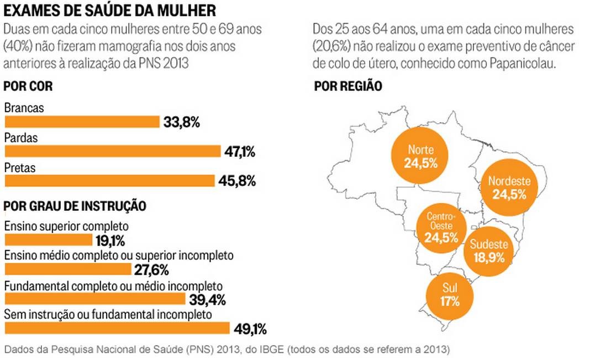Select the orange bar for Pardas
pos(112,151)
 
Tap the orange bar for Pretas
pos(109,181)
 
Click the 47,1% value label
pos(240,152)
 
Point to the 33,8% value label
pos(181,122)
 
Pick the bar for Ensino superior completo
pos(48,240)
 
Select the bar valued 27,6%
pos(69,269)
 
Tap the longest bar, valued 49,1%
pos(117,329)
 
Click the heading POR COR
pos(28,87)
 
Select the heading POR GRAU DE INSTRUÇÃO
pos(75,206)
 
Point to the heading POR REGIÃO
pos(348,87)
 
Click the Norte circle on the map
pos(421,156)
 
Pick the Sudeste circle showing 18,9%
pos(488,251)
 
